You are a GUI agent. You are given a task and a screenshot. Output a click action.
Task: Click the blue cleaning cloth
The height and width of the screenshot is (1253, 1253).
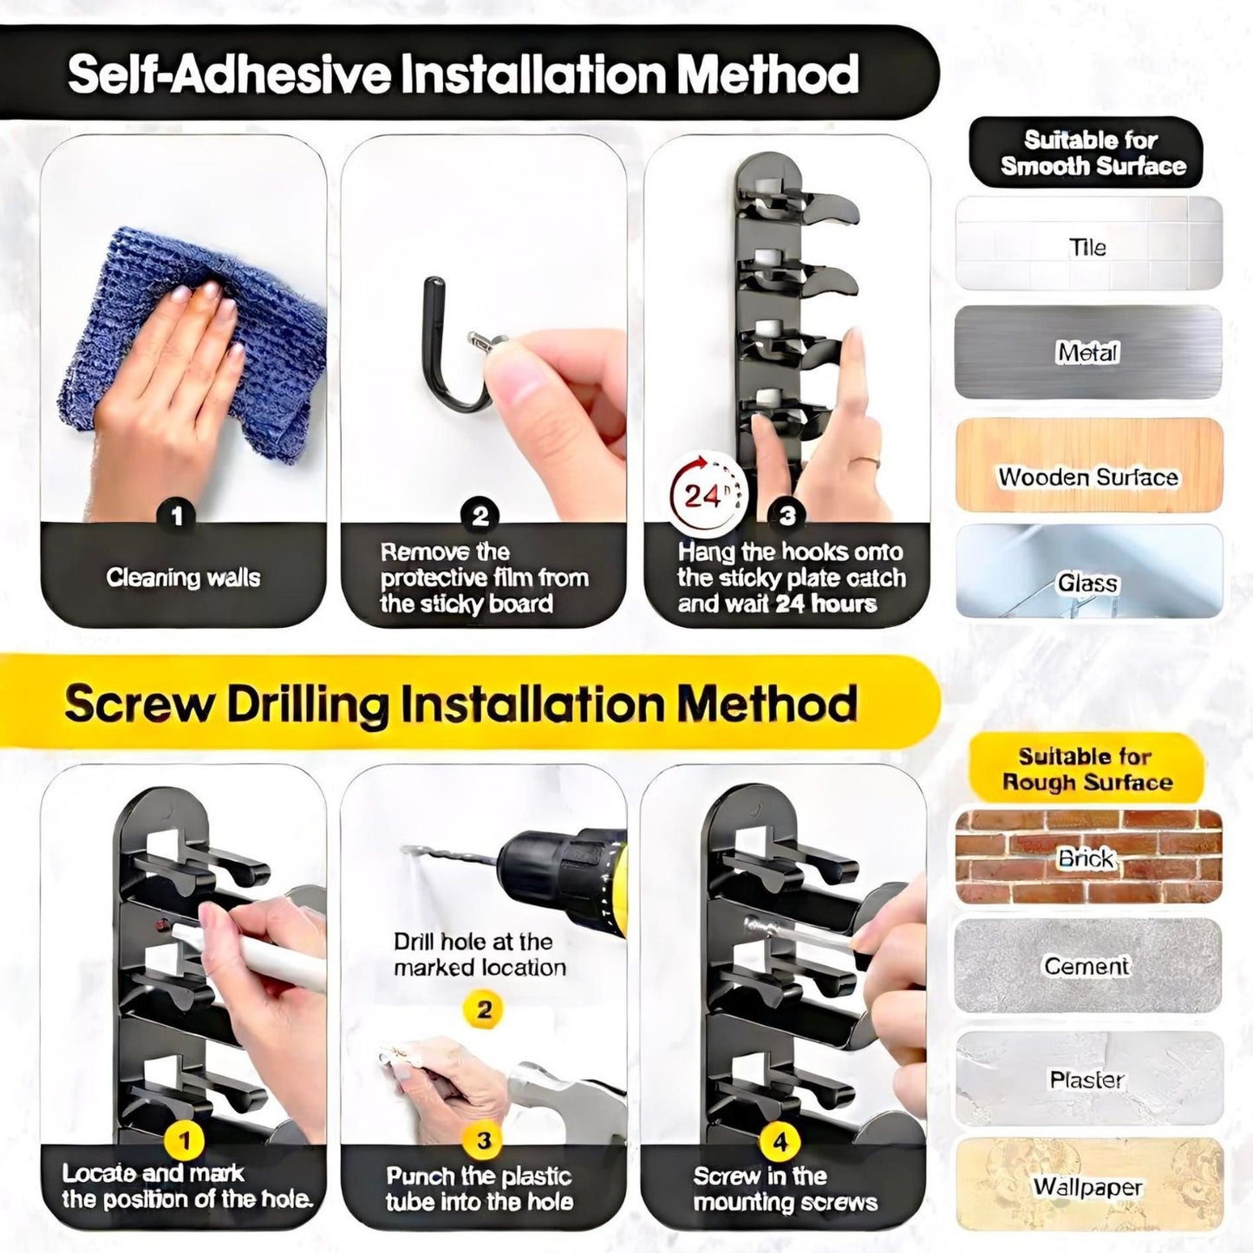(x=195, y=338)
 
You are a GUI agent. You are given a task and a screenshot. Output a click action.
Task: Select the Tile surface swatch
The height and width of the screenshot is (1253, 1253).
(x=1088, y=243)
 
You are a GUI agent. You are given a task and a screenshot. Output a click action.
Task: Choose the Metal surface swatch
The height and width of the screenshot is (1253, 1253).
(x=1088, y=352)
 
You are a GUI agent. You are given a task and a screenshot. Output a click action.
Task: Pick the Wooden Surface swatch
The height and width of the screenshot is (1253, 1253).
(x=1088, y=464)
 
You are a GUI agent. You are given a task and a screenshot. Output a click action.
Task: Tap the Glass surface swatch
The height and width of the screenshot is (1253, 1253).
(x=1088, y=571)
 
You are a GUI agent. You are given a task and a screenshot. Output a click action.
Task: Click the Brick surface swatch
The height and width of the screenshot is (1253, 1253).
(x=1088, y=857)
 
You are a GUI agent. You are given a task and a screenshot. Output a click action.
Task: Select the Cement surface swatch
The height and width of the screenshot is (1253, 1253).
(x=1088, y=965)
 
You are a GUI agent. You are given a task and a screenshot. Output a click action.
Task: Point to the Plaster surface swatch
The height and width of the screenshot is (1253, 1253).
(x=1088, y=1079)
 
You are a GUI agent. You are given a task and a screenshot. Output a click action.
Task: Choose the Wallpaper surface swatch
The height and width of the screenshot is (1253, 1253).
(x=1088, y=1186)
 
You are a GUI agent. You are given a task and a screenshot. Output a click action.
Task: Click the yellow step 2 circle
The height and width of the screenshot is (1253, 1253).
(x=482, y=1010)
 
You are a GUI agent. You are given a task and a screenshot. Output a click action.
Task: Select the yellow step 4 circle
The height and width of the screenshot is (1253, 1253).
(x=780, y=1141)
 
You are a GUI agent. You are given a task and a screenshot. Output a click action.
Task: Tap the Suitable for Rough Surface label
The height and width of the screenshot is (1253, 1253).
(x=1087, y=769)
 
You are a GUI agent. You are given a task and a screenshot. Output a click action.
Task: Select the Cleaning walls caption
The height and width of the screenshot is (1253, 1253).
(x=183, y=578)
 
